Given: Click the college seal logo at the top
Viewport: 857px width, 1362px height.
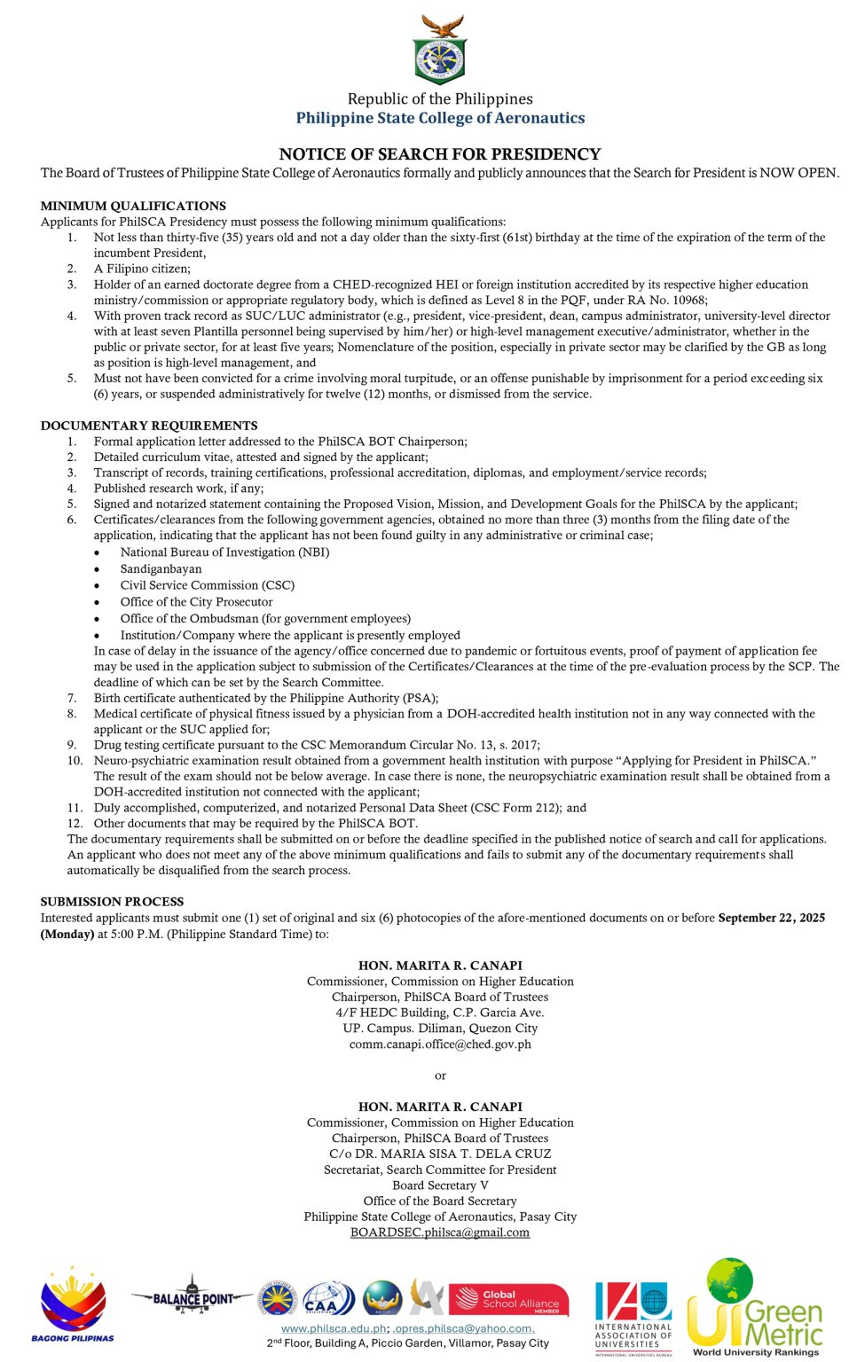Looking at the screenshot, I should tap(440, 51).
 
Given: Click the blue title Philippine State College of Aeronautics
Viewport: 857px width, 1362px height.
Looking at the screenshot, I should tap(440, 118).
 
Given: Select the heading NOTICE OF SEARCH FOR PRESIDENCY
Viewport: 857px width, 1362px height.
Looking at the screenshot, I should tap(440, 154).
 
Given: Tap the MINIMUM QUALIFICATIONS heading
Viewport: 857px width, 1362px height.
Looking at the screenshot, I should tap(133, 206).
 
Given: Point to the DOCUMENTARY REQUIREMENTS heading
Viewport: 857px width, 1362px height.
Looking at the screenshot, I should tap(149, 426).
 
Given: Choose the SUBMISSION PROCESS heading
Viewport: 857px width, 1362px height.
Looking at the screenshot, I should tap(112, 902).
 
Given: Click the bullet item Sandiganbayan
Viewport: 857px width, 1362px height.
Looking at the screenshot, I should tap(161, 569).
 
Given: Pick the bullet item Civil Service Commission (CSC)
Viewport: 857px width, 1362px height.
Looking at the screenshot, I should tap(207, 585).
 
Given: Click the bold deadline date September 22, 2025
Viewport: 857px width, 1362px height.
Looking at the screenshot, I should tap(771, 918).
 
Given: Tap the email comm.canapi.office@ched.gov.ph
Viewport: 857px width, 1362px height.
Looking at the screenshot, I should tap(440, 1045).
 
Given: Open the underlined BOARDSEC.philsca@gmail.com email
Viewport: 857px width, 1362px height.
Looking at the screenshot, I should tap(440, 1233).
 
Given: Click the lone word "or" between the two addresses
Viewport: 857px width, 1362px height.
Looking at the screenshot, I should tap(440, 1076).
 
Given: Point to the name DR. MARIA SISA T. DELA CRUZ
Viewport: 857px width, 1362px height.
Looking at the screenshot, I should tap(452, 1154).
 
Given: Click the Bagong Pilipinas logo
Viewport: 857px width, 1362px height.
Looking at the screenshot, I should tap(73, 1304).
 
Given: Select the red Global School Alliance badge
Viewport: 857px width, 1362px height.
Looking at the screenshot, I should tap(508, 1300).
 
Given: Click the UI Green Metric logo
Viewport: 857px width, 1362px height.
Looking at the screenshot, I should tap(756, 1306).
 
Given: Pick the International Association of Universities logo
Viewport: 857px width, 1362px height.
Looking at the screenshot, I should tap(633, 1317).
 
